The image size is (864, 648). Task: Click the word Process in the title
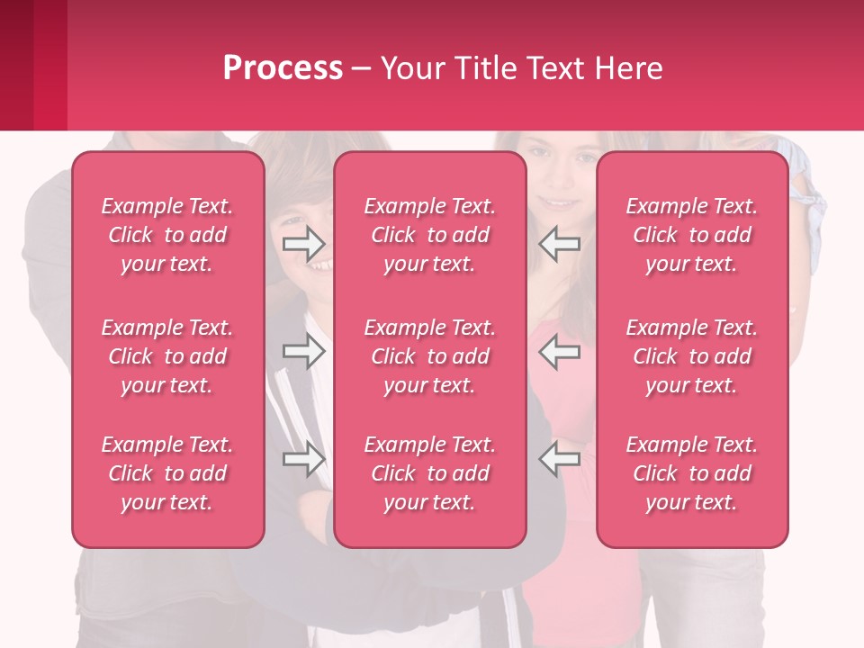tap(283, 68)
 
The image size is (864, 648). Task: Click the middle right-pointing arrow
tap(303, 351)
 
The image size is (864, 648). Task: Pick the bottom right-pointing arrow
tap(303, 459)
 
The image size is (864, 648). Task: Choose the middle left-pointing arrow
tap(560, 351)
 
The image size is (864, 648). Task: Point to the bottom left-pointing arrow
tap(560, 459)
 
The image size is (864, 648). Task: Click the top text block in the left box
tap(167, 235)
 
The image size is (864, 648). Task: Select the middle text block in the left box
tap(167, 356)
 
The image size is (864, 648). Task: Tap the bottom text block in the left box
tap(167, 473)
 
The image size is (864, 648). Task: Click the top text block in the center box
tap(430, 235)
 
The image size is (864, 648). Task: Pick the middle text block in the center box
tap(430, 356)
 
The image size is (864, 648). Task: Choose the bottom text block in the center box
tap(430, 473)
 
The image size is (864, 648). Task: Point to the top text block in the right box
tap(692, 235)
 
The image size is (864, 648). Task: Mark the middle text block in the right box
tap(692, 356)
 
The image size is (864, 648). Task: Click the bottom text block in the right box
tap(692, 473)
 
